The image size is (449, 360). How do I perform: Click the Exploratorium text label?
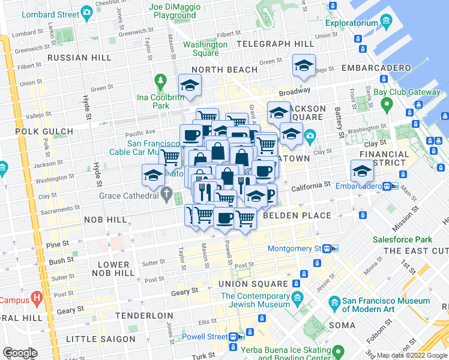tap(351, 24)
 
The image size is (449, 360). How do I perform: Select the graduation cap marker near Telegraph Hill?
tap(304, 65)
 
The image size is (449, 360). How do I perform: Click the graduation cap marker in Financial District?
tap(362, 172)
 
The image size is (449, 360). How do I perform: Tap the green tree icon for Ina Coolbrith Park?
tap(160, 80)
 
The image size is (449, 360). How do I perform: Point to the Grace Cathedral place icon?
tap(169, 194)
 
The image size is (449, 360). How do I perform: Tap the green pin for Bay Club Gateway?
tap(386, 104)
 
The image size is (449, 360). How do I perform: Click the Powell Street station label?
tap(205, 337)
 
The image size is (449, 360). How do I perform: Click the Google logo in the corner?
tap(19, 352)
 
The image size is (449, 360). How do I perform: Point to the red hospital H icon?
tap(37, 296)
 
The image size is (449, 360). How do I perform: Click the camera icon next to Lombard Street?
tap(87, 12)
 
